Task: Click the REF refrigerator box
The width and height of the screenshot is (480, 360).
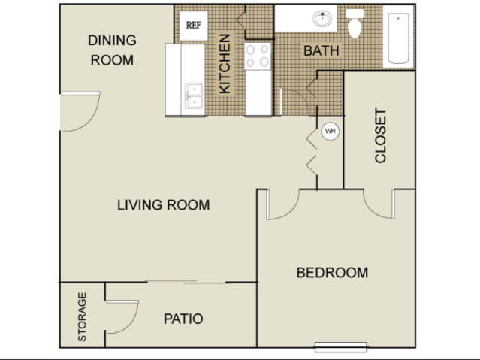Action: point(194,26)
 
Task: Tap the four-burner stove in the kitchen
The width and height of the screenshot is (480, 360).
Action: point(258,56)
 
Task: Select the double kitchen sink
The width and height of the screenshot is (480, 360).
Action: point(194,95)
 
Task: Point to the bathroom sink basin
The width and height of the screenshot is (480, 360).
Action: point(322,18)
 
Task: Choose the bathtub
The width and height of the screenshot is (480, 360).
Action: point(398,38)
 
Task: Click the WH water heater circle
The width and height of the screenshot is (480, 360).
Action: point(331,131)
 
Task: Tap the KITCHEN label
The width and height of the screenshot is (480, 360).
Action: point(225,64)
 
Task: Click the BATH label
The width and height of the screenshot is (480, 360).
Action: point(321,51)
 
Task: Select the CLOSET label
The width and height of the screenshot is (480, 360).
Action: point(381,135)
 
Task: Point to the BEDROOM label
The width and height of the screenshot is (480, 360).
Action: point(332,273)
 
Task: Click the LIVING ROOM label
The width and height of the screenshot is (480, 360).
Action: point(164,205)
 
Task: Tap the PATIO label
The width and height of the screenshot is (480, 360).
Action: point(183,319)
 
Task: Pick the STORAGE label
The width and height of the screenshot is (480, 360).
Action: point(82,317)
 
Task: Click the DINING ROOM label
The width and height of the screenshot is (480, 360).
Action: point(112,50)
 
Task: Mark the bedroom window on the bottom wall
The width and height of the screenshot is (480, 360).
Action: point(341,347)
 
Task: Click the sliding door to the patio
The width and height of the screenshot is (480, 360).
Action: point(187,282)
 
